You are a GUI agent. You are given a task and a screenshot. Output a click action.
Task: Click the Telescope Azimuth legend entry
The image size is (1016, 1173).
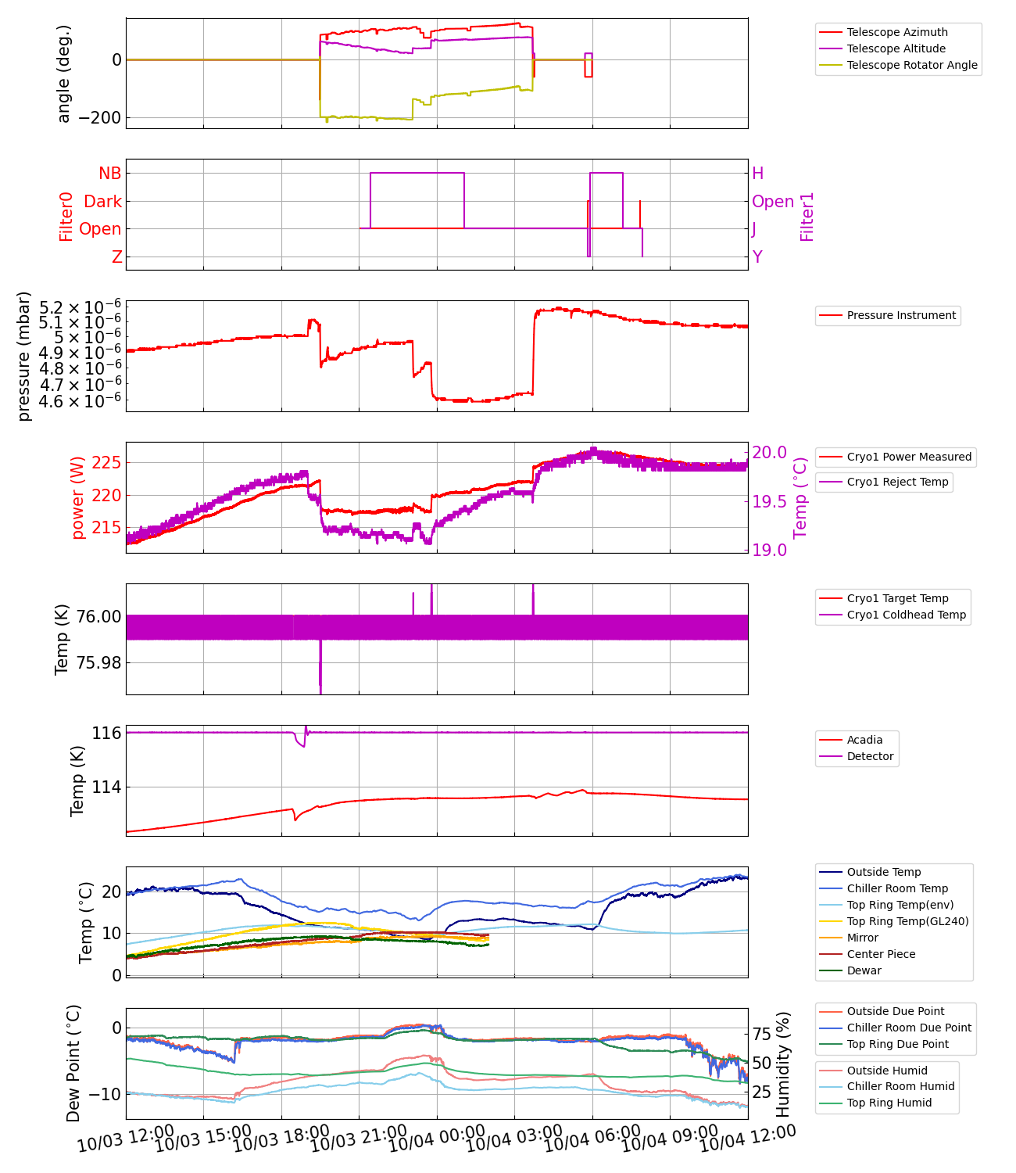point(896,32)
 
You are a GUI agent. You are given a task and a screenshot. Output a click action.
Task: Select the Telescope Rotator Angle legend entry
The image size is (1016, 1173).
point(911,65)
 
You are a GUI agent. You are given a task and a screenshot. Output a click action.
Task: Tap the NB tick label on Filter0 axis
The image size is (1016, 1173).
point(109,174)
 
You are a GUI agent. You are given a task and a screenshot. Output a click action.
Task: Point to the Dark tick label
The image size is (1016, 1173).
point(102,202)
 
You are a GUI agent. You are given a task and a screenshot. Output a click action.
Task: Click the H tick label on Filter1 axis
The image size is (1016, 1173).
point(757,174)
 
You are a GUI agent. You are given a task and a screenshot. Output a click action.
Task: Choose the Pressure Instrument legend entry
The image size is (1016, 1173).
point(900,315)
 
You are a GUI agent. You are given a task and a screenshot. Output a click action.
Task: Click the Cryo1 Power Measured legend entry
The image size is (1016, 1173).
point(908,457)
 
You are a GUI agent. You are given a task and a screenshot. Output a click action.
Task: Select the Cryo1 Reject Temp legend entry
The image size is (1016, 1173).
point(897,482)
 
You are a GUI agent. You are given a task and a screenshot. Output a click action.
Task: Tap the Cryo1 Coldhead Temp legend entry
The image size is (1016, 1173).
point(906,615)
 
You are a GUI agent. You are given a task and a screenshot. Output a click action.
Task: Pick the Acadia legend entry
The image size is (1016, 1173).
point(864,740)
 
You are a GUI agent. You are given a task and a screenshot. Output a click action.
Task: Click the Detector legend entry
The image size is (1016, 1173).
point(869,756)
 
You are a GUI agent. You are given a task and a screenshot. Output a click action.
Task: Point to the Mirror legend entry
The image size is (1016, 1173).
point(862,938)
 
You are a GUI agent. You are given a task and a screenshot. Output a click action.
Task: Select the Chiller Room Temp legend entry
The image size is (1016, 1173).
point(896,888)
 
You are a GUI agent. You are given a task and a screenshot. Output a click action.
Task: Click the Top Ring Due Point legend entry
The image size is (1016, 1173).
point(897,1044)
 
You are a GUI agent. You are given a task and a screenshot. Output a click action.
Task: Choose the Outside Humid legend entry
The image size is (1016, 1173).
point(886,1071)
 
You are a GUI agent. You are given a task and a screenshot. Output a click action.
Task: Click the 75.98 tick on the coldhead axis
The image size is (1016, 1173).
point(98,663)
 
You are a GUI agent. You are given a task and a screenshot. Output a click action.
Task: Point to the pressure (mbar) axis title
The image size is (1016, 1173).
point(24,356)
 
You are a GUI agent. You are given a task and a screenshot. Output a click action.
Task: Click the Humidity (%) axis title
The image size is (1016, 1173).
point(784,1064)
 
